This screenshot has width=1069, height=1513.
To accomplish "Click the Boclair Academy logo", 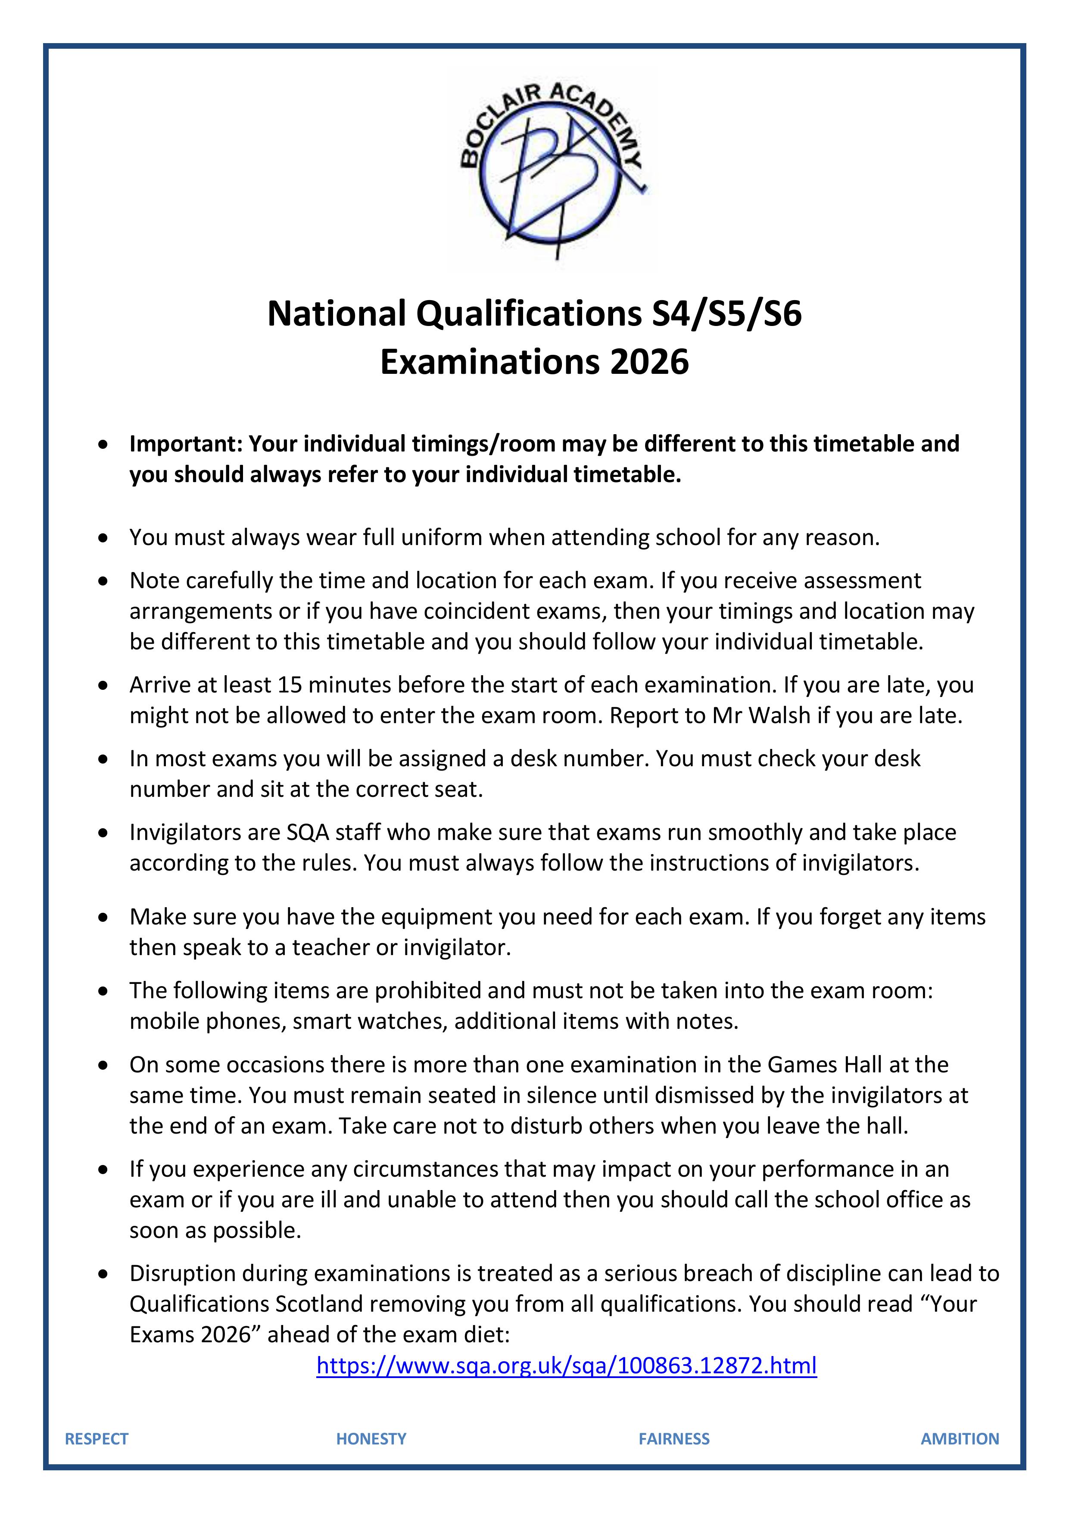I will click(x=552, y=169).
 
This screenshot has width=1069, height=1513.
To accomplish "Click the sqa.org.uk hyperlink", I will click(x=567, y=1365).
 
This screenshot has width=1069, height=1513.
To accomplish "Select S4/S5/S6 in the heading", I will click(x=726, y=313).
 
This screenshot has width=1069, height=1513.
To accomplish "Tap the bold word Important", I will click(x=185, y=444).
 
